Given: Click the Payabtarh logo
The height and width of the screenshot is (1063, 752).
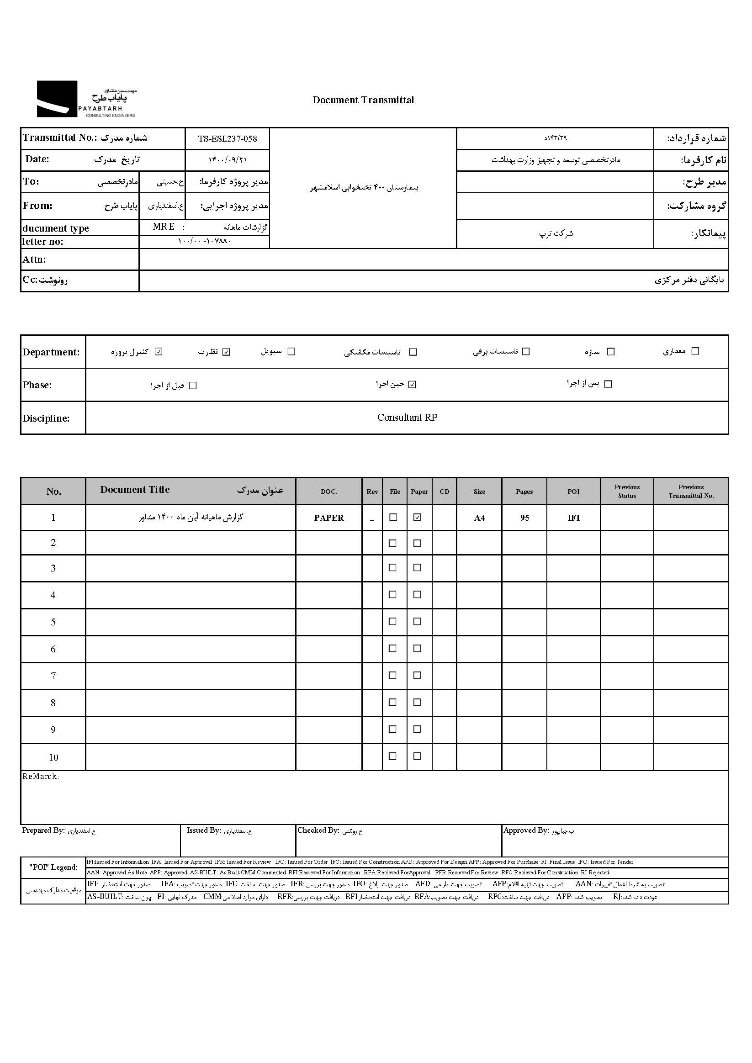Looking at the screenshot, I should point(86,99).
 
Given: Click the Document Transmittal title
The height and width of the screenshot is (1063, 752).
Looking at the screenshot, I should point(363,100).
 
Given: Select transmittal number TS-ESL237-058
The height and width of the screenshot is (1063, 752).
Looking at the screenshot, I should point(228,138).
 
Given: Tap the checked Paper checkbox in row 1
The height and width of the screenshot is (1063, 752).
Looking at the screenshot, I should point(417,518).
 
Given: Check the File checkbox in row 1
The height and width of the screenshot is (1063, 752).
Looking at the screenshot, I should point(393,518).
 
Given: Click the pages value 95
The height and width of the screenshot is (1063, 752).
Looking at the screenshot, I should point(524,518).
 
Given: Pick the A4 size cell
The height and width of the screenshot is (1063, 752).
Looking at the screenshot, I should point(479,518).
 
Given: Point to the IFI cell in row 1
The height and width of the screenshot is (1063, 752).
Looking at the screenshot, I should point(573,518).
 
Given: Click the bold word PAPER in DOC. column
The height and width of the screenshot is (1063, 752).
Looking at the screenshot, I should point(329,518).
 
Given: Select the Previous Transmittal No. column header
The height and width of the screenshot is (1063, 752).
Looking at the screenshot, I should point(690,491).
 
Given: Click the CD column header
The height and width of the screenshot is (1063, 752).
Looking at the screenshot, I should point(444,492).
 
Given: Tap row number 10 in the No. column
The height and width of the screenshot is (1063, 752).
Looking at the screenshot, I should point(53,757).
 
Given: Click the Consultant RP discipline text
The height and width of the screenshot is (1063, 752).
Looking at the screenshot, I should point(407,418).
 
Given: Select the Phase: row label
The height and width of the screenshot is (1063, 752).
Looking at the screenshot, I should point(37,385).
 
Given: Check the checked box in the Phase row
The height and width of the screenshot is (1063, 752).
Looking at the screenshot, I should point(412,385).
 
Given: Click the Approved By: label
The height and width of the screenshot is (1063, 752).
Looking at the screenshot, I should point(525,830).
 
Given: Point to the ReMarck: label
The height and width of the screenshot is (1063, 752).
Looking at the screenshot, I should point(41,777).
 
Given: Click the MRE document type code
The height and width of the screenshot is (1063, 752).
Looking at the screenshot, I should point(164,227).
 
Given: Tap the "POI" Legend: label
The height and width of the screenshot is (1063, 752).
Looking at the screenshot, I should point(53,867).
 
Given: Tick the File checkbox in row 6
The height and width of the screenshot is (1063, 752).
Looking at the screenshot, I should point(392,649).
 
